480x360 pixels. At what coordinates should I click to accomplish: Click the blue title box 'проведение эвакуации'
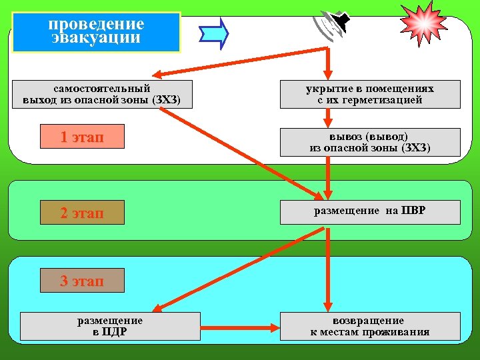[96, 31]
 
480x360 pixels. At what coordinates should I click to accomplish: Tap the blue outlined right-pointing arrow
[214, 31]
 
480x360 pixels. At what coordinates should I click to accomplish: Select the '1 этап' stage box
[82, 137]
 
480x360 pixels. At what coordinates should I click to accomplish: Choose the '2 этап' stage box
[82, 213]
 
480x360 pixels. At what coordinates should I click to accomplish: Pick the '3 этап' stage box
[82, 281]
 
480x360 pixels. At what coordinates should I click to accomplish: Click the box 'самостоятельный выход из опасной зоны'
[102, 94]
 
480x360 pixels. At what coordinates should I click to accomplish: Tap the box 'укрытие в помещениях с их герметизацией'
[370, 94]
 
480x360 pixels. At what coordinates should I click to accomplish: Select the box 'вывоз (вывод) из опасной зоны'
[370, 142]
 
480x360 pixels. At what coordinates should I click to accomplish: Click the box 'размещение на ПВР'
[370, 211]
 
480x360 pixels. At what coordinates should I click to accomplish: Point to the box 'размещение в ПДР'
[110, 326]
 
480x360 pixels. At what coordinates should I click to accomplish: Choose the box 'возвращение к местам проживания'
[370, 326]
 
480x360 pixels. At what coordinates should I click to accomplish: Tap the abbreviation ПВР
[413, 211]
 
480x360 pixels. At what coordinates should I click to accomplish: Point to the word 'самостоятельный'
[102, 88]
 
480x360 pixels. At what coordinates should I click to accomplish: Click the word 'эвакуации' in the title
[96, 38]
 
